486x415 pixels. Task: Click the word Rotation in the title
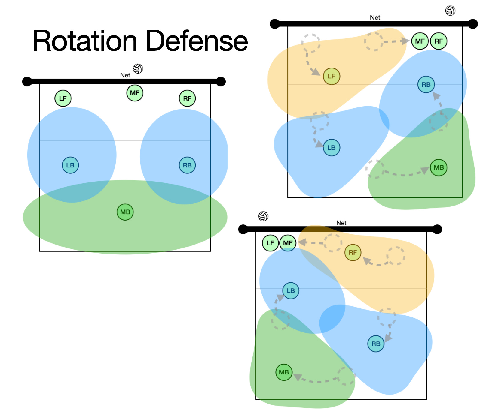click(85, 41)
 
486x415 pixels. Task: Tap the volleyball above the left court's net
click(138, 69)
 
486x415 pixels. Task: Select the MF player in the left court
click(135, 93)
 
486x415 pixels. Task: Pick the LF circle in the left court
click(63, 98)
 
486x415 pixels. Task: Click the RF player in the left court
click(187, 98)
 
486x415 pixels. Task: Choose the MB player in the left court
click(125, 212)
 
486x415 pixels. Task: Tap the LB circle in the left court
click(70, 165)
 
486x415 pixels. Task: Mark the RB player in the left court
click(187, 165)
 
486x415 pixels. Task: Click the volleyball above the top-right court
click(450, 11)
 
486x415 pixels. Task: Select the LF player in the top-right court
click(332, 76)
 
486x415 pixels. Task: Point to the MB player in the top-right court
click(439, 167)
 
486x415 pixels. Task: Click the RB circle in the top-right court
click(426, 85)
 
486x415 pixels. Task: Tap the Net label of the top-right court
click(375, 17)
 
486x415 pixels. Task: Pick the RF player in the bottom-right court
click(353, 253)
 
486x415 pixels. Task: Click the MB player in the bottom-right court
click(284, 372)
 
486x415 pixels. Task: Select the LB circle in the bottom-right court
click(291, 290)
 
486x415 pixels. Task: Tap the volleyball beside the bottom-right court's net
click(263, 216)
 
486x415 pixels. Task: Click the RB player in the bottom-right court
click(376, 344)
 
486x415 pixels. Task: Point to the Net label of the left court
click(125, 75)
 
